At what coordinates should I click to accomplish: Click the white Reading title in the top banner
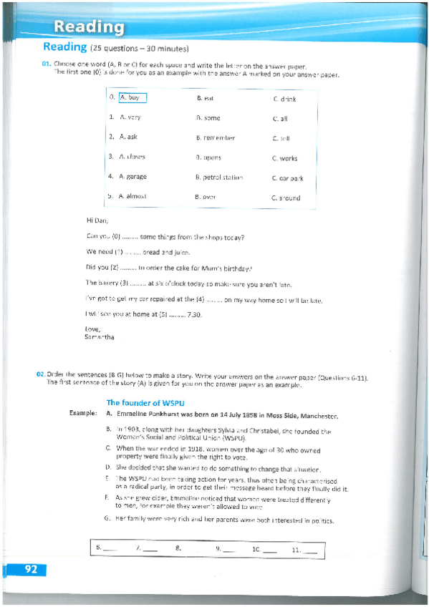tap(90, 27)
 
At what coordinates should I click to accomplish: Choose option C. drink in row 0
tap(284, 99)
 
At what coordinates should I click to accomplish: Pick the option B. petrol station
tap(218, 177)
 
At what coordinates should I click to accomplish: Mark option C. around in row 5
tap(286, 198)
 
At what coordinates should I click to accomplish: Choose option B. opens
tap(208, 157)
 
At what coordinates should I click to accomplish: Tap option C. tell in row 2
tap(281, 138)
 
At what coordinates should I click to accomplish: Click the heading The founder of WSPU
tap(145, 402)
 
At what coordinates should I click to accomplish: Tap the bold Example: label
tap(84, 414)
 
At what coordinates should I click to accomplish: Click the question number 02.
tap(41, 374)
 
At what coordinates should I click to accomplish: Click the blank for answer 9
tap(228, 550)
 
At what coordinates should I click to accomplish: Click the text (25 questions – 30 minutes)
tap(140, 49)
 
